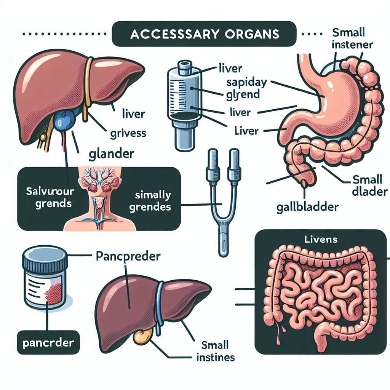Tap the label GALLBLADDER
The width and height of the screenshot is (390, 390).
point(307,208)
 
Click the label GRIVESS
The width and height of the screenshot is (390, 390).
point(128,134)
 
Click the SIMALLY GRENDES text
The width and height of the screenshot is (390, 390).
point(152,202)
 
